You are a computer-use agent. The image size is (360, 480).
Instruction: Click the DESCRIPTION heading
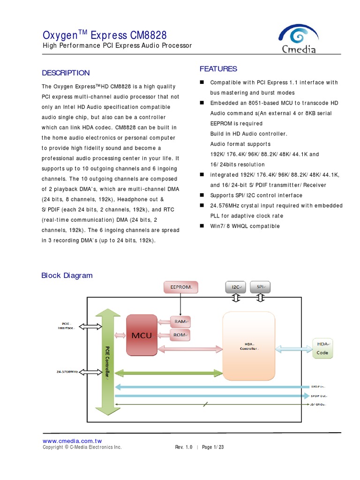click(66, 73)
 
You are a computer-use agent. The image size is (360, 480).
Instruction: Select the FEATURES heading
click(218, 69)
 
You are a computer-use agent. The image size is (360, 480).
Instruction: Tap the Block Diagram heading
click(67, 276)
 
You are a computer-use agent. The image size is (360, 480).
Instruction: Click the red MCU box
click(142, 336)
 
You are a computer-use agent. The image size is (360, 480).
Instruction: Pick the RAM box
click(181, 322)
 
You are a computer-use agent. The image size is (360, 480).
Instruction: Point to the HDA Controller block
click(249, 346)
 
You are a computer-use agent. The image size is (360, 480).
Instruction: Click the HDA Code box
click(322, 348)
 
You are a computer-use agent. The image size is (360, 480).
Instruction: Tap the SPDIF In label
click(318, 387)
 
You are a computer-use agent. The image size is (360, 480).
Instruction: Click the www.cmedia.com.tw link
click(72, 441)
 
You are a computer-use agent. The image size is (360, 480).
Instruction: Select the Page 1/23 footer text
click(213, 447)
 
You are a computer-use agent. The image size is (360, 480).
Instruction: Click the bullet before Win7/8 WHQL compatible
click(202, 226)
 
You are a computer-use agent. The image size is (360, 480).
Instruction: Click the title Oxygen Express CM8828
click(104, 36)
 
